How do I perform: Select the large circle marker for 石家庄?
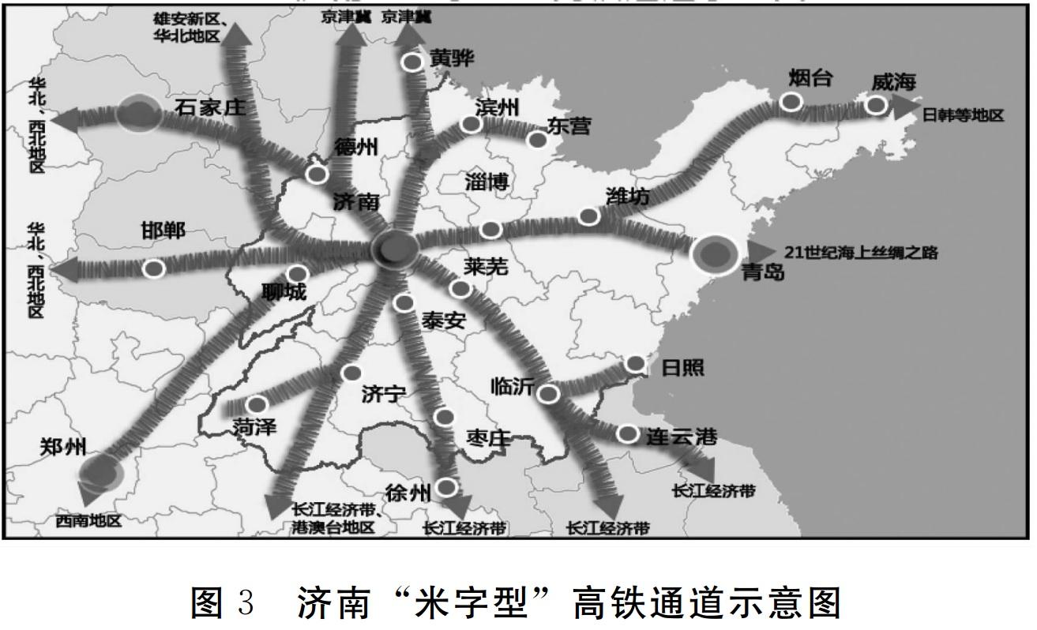[138, 113]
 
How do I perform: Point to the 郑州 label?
[62, 448]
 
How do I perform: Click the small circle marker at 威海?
[875, 105]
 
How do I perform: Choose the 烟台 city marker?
[791, 101]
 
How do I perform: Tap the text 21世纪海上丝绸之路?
[861, 253]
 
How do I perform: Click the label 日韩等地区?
[963, 115]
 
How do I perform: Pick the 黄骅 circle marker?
[411, 62]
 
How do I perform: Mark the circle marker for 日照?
[635, 363]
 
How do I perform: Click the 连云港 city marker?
[627, 433]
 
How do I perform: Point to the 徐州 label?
[408, 493]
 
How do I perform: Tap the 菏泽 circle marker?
[257, 404]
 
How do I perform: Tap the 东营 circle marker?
[538, 140]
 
